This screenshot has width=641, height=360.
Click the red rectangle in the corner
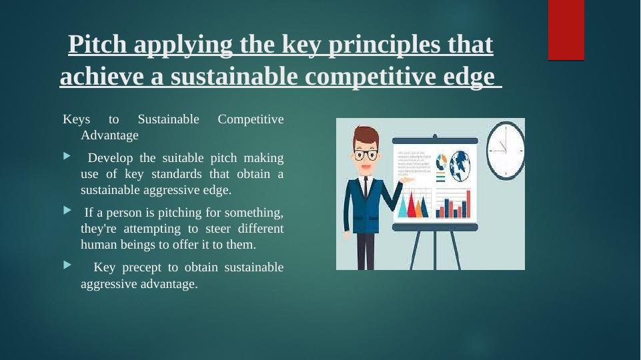pyautogui.click(x=566, y=30)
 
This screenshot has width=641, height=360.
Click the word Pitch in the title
pyautogui.click(x=97, y=44)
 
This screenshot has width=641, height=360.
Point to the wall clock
pyautogui.click(x=506, y=151)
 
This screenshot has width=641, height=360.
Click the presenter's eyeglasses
pyautogui.click(x=366, y=155)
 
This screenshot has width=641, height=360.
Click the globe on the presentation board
pyautogui.click(x=460, y=166)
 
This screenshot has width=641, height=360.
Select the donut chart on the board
pyautogui.click(x=441, y=162)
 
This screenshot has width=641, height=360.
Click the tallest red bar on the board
pyautogui.click(x=468, y=204)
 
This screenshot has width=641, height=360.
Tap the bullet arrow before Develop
pyautogui.click(x=67, y=156)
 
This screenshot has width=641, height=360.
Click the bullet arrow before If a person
pyautogui.click(x=67, y=211)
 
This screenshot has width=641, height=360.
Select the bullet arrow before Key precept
pyautogui.click(x=67, y=265)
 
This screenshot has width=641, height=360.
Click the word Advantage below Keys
pyautogui.click(x=109, y=135)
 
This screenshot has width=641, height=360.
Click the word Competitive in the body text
pyautogui.click(x=251, y=119)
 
